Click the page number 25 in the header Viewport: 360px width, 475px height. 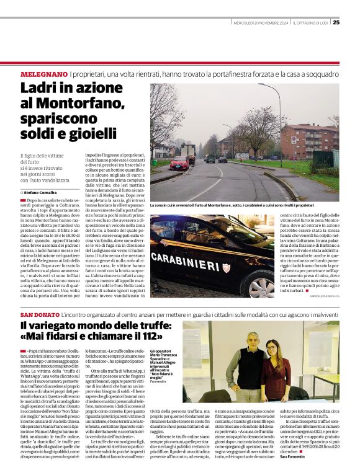336,23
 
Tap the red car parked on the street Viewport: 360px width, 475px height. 179,163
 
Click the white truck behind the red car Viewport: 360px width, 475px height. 189,151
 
